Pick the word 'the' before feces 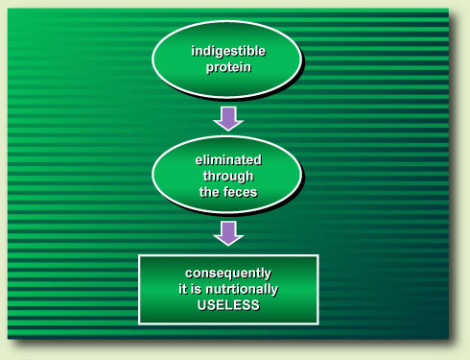(x=208, y=193)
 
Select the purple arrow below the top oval (x=228, y=118)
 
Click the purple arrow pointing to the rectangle (x=228, y=232)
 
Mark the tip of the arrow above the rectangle (x=228, y=245)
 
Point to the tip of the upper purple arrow (x=228, y=131)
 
